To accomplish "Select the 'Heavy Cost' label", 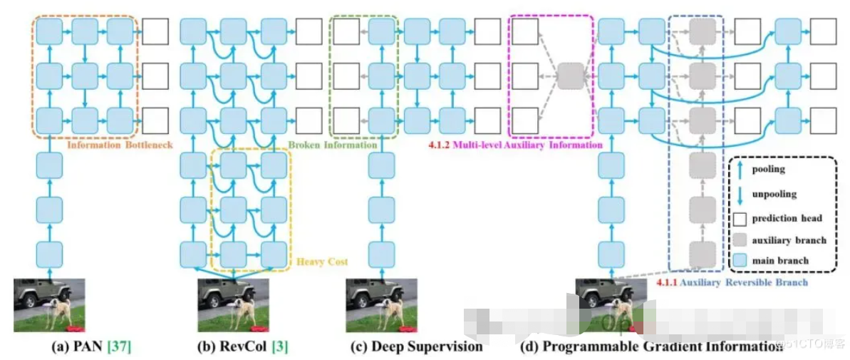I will point(323,262).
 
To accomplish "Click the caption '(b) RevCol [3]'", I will point(242,347).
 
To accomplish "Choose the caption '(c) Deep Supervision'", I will point(417,347).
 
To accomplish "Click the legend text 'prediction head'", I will point(787,217).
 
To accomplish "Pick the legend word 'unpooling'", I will point(774,194).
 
